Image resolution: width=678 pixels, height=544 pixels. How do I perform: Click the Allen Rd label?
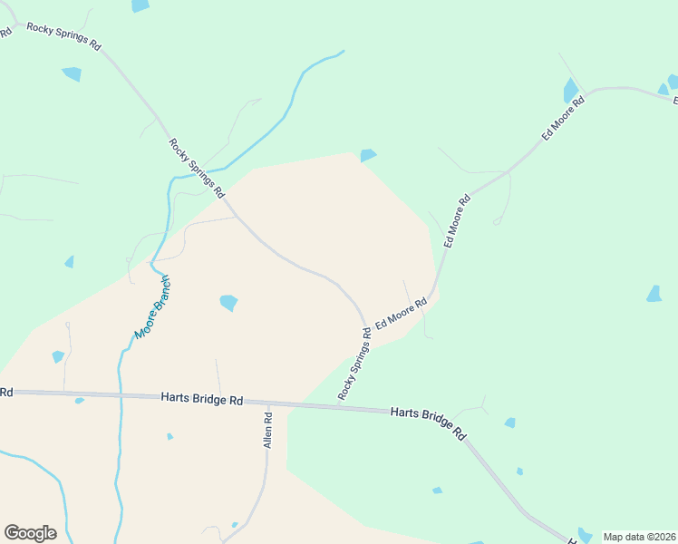coord(268,432)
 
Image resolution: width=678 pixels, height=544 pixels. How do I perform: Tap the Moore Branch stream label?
coord(152,307)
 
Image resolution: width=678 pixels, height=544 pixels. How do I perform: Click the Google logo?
coord(30,533)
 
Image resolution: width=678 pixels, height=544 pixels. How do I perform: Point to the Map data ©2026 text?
coord(639,537)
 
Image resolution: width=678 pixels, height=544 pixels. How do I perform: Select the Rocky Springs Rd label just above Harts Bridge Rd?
coord(355,364)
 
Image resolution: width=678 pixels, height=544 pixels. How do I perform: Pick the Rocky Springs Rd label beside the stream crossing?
coord(196,168)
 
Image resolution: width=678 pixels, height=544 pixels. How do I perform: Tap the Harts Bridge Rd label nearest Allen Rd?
coord(202,399)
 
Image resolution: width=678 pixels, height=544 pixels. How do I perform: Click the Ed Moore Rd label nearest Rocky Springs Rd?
coord(401,314)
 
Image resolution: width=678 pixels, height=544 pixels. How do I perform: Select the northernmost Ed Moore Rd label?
coord(564,116)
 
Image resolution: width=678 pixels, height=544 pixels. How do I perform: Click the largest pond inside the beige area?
coord(228,302)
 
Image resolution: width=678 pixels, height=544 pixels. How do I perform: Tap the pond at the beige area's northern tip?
coord(368,155)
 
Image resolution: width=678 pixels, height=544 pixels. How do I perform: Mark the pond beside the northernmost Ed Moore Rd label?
coord(571,91)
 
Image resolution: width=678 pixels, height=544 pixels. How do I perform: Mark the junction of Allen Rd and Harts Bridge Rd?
coord(268,402)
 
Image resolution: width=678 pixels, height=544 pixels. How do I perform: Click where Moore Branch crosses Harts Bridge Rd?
coord(119,395)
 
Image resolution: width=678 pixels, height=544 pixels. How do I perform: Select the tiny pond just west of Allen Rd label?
coord(169,436)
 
